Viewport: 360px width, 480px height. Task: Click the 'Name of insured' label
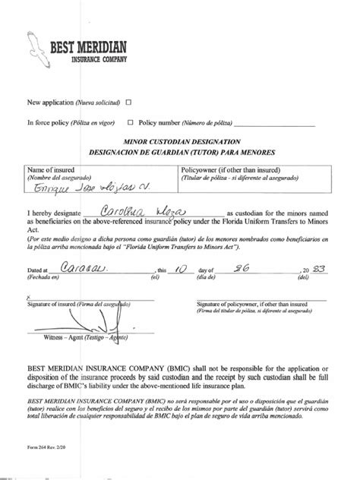[52, 170]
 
